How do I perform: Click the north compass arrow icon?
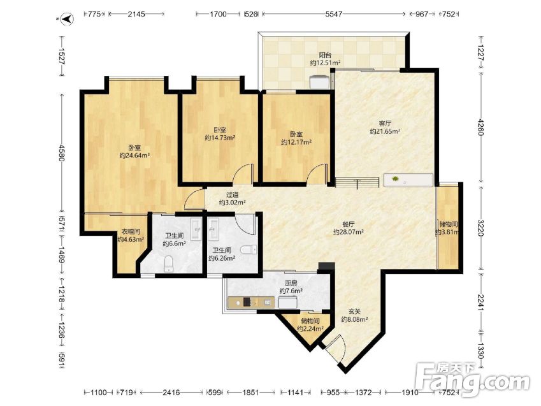pyautogui.click(x=68, y=18)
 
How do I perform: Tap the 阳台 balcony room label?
pyautogui.click(x=325, y=55)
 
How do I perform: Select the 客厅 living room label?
pyautogui.click(x=385, y=123)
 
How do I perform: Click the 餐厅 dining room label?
pyautogui.click(x=349, y=224)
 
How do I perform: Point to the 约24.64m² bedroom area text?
pyautogui.click(x=134, y=156)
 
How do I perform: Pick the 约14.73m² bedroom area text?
pyautogui.click(x=220, y=138)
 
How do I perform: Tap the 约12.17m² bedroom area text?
pyautogui.click(x=296, y=142)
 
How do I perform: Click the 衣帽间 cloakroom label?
pyautogui.click(x=131, y=231)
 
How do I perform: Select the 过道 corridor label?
pyautogui.click(x=232, y=195)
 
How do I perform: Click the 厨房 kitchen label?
pyautogui.click(x=291, y=283)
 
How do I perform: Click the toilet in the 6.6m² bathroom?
pyautogui.click(x=168, y=264)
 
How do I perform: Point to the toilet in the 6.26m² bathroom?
pyautogui.click(x=249, y=249)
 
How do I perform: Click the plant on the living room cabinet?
pyautogui.click(x=396, y=178)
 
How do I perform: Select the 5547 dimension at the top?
pyautogui.click(x=334, y=14)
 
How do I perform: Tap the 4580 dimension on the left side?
pyautogui.click(x=62, y=153)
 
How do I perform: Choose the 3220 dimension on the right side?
pyautogui.click(x=480, y=228)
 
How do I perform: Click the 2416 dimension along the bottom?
pyautogui.click(x=171, y=392)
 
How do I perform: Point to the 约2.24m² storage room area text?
pyautogui.click(x=310, y=329)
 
